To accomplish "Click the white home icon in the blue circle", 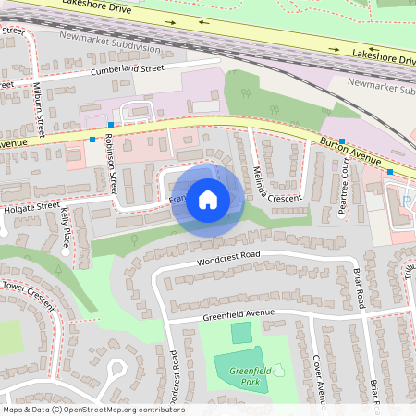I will pyautogui.click(x=208, y=199).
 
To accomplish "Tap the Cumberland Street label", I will pyautogui.click(x=127, y=68).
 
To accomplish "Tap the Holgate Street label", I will pyautogui.click(x=30, y=205).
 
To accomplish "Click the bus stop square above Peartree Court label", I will pyautogui.click(x=342, y=141).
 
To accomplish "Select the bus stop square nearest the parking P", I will pyautogui.click(x=389, y=172).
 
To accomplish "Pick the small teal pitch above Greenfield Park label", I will pyautogui.click(x=240, y=333).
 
